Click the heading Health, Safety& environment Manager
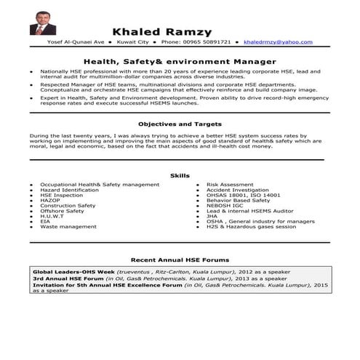180,62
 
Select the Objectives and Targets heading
179,124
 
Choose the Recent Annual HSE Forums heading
180,260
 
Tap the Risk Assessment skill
231,185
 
